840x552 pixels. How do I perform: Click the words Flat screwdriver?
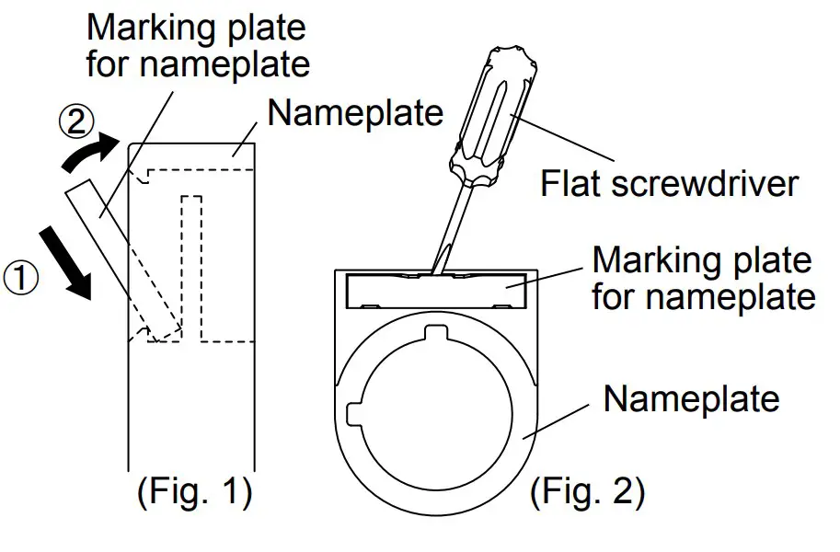668,184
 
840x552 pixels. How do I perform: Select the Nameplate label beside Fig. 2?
691,398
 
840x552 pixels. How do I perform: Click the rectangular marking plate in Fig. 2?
435,293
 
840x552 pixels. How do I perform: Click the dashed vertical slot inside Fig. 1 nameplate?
191,267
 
